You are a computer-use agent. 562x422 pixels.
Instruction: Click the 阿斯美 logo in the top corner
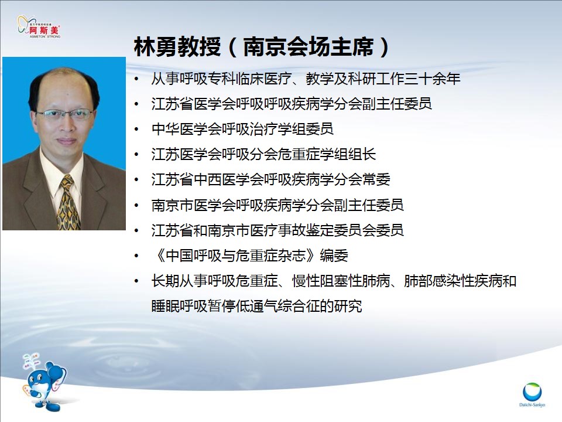tap(39, 26)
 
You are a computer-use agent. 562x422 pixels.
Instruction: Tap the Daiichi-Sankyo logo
tap(532, 394)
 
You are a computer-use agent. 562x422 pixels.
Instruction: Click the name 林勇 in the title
tap(155, 47)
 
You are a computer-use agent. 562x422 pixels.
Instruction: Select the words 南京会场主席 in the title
tap(309, 47)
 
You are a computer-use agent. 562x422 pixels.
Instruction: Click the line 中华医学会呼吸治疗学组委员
tap(242, 129)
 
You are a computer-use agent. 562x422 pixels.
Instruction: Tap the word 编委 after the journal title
tap(334, 256)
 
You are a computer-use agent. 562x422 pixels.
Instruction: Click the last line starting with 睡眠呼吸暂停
tap(256, 306)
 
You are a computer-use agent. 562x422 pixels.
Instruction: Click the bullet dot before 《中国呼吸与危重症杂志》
tap(136, 256)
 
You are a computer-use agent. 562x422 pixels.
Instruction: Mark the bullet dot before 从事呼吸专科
tap(136, 79)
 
